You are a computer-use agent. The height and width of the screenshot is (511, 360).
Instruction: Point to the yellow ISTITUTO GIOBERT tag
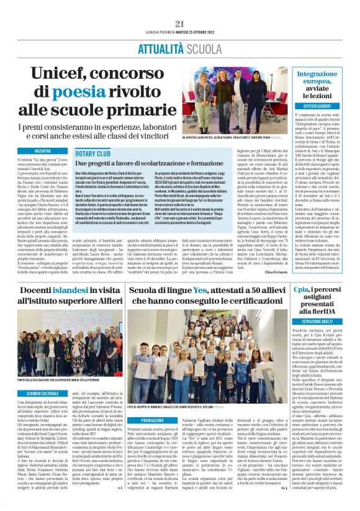click(324, 106)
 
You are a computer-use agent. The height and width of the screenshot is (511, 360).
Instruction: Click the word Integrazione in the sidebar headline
click(326, 74)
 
